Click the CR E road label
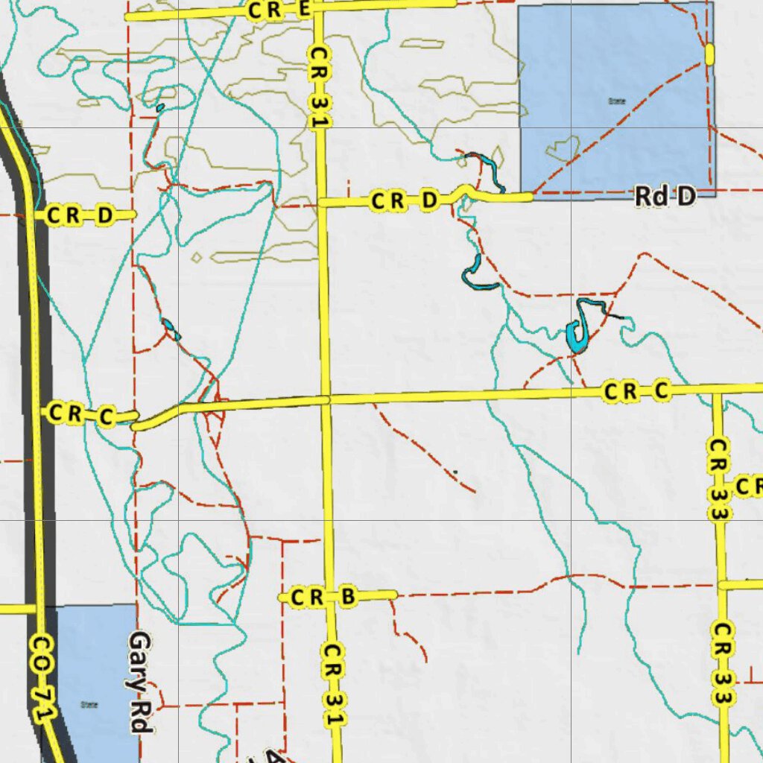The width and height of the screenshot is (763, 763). tap(277, 10)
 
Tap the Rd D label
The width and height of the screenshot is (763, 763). tap(665, 197)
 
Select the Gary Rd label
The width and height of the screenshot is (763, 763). tap(140, 682)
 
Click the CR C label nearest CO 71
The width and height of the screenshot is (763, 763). tap(79, 414)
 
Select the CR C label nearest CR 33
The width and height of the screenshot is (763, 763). tap(638, 390)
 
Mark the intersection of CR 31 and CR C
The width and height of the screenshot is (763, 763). tap(326, 399)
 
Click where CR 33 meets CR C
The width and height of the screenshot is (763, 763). tap(717, 389)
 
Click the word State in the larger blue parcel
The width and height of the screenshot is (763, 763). tap(616, 101)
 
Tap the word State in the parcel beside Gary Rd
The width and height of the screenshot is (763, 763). tap(89, 704)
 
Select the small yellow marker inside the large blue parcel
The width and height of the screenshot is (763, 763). tap(709, 53)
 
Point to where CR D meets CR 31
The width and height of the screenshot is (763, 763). tap(321, 202)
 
